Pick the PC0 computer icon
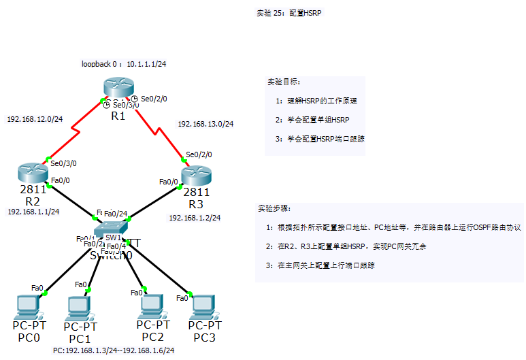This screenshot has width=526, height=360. pyautogui.click(x=28, y=307)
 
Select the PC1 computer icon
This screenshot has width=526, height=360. pyautogui.click(x=79, y=309)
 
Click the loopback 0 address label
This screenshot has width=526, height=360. pyautogui.click(x=124, y=64)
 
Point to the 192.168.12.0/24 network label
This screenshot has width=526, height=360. pyautogui.click(x=35, y=119)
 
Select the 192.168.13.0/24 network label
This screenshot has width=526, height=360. pyautogui.click(x=206, y=125)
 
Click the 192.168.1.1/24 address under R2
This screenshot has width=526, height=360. pyautogui.click(x=33, y=212)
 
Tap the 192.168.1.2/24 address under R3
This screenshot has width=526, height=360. pyautogui.click(x=195, y=218)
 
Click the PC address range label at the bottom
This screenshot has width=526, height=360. pyautogui.click(x=114, y=350)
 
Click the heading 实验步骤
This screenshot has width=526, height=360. pyautogui.click(x=274, y=208)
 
